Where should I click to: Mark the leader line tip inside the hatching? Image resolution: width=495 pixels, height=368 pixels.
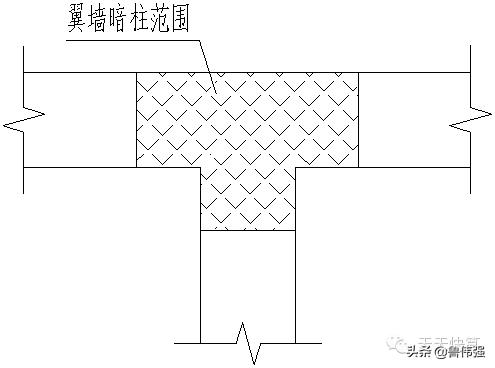click(215, 95)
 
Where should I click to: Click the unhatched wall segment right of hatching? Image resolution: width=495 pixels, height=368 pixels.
click(410, 119)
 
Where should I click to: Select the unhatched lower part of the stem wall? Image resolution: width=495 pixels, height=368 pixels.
click(248, 280)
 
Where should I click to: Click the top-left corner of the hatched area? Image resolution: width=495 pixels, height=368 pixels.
click(136, 72)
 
